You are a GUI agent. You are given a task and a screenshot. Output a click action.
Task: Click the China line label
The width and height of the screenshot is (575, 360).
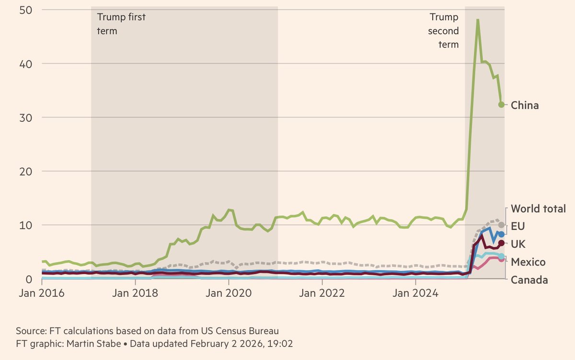[x=525, y=105]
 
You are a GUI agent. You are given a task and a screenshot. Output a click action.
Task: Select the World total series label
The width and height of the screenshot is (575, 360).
[x=538, y=209]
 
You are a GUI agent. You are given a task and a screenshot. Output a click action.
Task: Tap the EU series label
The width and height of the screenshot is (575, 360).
[x=518, y=226]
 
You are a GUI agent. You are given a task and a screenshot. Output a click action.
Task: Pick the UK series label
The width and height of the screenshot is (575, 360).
[x=518, y=244]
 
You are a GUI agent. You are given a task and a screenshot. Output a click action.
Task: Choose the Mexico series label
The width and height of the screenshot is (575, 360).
[x=528, y=262]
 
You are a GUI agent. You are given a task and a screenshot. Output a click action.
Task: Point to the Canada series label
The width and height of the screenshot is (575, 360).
[x=529, y=280]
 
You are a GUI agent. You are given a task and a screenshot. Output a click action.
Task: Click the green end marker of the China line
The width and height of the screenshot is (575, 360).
[x=501, y=105]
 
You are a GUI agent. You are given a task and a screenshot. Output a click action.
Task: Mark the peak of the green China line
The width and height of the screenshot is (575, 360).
[x=478, y=20]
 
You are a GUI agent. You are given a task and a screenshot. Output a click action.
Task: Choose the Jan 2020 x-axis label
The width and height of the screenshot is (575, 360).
[x=228, y=292]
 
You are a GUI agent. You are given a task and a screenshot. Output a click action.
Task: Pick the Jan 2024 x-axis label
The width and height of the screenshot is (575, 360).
[x=415, y=292]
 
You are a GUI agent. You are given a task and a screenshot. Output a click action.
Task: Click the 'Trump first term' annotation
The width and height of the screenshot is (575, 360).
[x=121, y=24]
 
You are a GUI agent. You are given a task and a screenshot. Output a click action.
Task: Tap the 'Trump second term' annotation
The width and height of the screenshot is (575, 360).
[x=444, y=31]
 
